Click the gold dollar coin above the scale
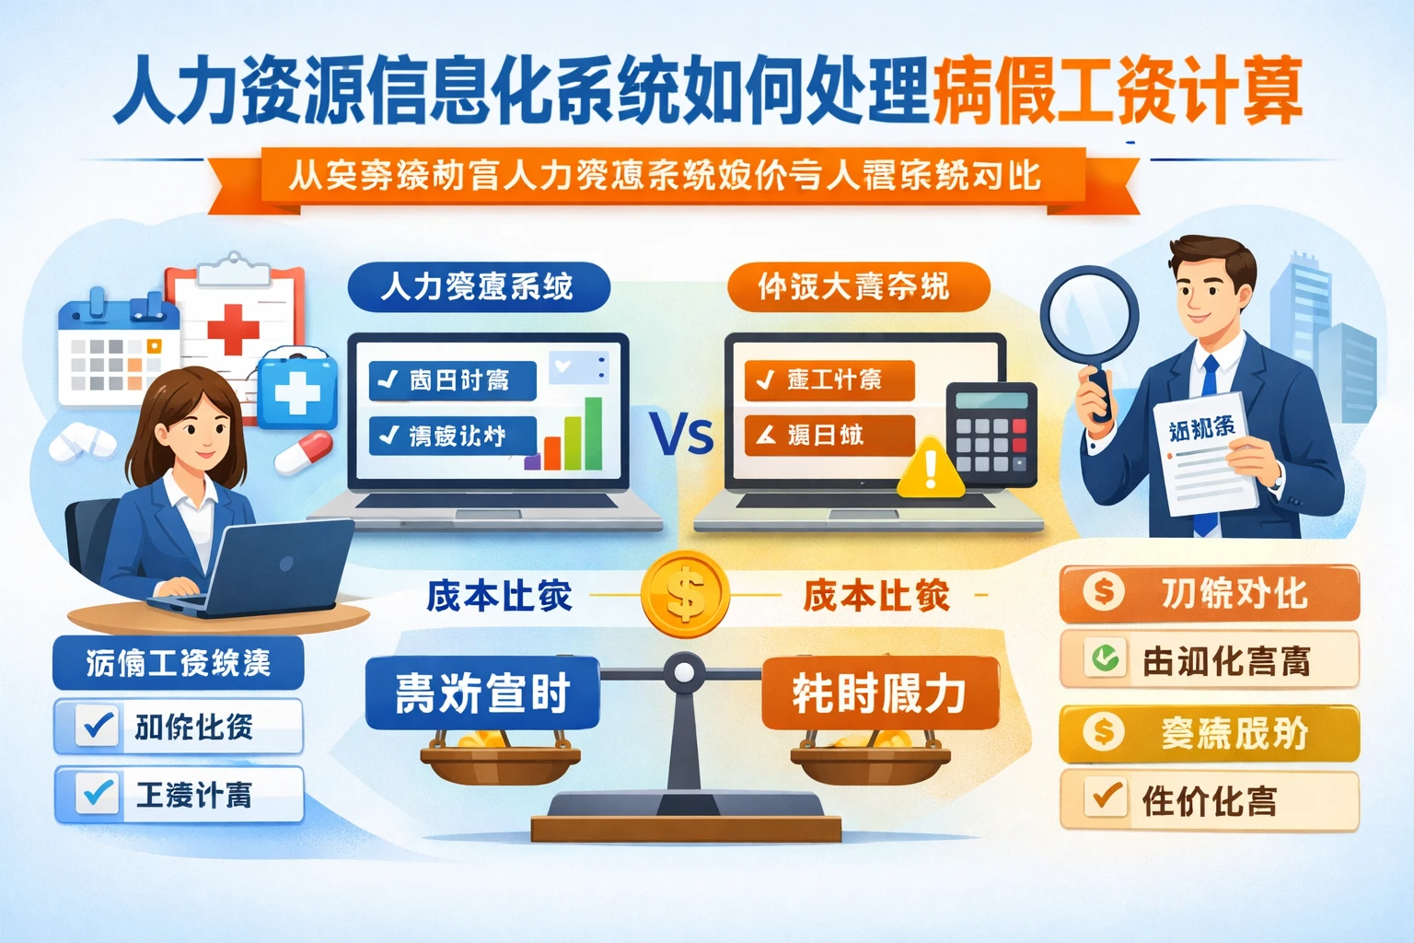click(685, 594)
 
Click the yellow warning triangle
click(931, 469)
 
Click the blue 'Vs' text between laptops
click(681, 434)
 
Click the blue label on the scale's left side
click(482, 693)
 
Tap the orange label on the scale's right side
click(879, 693)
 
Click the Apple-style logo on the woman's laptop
click(286, 563)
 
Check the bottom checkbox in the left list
click(98, 794)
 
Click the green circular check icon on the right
click(1104, 658)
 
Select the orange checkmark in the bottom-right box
click(1106, 797)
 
